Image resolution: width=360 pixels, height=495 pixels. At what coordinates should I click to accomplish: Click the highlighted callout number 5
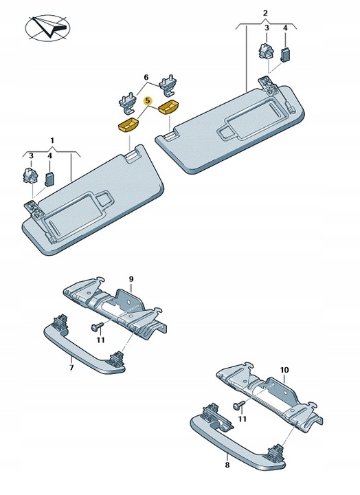(147, 101)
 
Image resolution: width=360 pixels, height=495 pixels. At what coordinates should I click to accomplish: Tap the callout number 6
(146, 77)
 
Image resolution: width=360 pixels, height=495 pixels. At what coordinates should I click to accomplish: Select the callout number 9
(131, 279)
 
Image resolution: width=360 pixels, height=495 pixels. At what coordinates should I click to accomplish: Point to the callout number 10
(284, 370)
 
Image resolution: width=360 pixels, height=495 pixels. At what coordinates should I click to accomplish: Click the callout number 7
(71, 367)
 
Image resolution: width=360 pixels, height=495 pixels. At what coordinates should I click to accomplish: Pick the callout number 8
(227, 465)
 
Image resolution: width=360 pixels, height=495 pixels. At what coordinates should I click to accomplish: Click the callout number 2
(265, 13)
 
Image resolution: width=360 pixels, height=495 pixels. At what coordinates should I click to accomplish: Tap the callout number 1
(52, 140)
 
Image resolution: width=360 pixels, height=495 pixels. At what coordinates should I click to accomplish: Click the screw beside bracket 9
(95, 327)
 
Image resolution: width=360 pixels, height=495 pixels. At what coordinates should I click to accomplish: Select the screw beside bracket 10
(238, 405)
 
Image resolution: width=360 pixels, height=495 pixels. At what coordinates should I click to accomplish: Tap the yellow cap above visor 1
(128, 124)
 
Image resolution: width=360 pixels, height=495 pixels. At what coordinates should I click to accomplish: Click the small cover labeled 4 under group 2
(286, 55)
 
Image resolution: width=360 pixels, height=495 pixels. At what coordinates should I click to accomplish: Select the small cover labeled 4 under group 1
(50, 179)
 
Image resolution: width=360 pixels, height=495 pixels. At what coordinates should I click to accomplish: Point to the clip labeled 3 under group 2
(266, 52)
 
